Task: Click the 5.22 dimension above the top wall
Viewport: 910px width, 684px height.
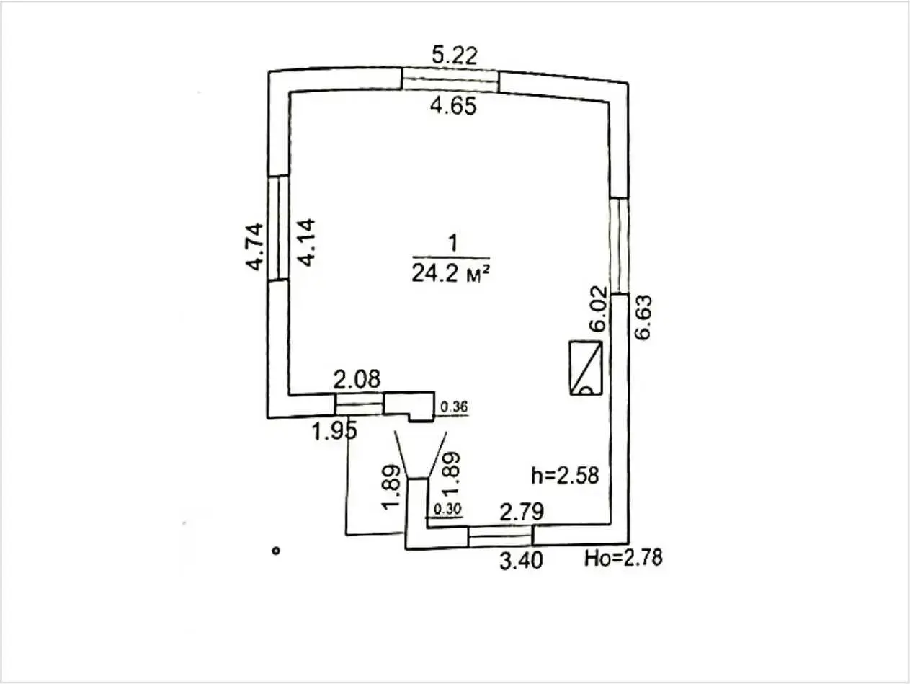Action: tap(455, 55)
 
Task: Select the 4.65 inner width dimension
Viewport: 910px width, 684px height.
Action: tap(453, 106)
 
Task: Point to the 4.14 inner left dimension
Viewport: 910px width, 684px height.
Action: tap(307, 242)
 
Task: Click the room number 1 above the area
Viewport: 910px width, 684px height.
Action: tap(452, 243)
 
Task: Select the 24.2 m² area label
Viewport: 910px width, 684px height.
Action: tap(450, 274)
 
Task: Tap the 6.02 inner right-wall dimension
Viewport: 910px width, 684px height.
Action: tap(599, 308)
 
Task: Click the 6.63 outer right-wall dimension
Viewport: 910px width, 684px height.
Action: tap(643, 317)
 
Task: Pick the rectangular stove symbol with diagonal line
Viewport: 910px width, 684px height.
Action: tap(586, 368)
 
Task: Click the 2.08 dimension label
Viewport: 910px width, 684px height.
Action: tap(357, 379)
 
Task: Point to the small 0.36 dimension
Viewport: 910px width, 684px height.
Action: tap(454, 407)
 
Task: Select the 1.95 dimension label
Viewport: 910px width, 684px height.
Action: tap(334, 432)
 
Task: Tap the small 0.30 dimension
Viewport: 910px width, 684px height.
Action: tap(447, 509)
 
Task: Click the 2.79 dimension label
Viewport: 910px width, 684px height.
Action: tap(522, 512)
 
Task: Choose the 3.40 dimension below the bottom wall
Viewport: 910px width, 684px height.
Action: tap(521, 561)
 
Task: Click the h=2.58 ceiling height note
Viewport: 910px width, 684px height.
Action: tap(566, 476)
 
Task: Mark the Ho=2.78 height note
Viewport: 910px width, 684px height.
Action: tap(623, 558)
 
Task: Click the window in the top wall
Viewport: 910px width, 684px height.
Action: tap(450, 81)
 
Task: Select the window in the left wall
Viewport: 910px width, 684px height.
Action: tap(278, 228)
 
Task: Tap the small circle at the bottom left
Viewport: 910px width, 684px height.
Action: tap(276, 551)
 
